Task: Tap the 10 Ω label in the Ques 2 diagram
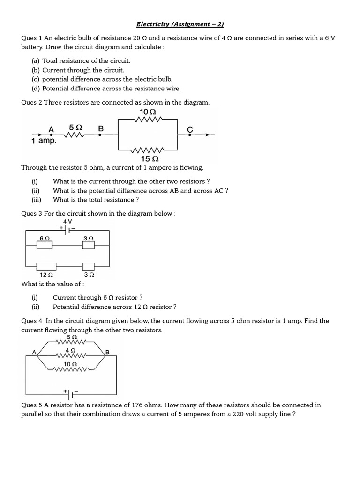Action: pyautogui.click(x=148, y=112)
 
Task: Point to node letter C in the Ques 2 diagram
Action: pyautogui.click(x=190, y=129)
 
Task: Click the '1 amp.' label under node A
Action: pyautogui.click(x=44, y=141)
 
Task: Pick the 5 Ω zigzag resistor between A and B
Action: pyautogui.click(x=75, y=135)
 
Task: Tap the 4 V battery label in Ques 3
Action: pyautogui.click(x=67, y=221)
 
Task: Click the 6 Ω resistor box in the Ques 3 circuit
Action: pyautogui.click(x=45, y=245)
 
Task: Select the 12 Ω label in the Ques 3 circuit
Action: pyautogui.click(x=46, y=275)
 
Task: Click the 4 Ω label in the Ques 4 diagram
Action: pyautogui.click(x=71, y=350)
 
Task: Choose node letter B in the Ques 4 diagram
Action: pyautogui.click(x=107, y=352)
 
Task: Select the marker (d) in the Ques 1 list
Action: pyautogui.click(x=36, y=88)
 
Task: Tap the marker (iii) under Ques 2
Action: pyautogui.click(x=37, y=200)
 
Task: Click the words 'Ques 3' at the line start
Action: pyautogui.click(x=32, y=214)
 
